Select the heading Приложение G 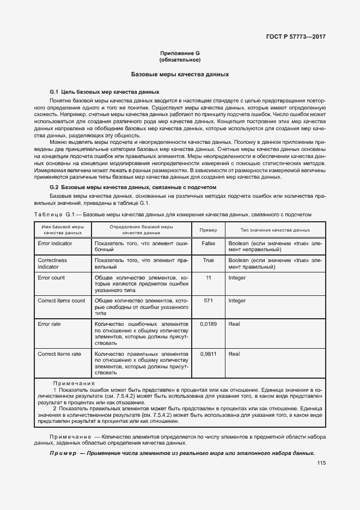(180, 53)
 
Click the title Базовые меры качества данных (180, 74)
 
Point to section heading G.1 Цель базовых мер (105, 92)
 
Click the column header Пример (208, 230)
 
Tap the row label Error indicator (55, 243)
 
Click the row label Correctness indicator (52, 264)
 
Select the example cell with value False (208, 243)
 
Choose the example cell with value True (208, 260)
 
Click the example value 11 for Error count (208, 278)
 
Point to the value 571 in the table (208, 300)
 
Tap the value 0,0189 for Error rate (208, 324)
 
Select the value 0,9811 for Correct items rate (208, 354)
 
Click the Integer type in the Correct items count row (237, 300)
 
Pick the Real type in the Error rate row (234, 324)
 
